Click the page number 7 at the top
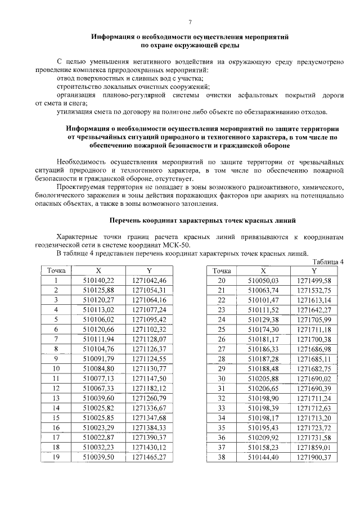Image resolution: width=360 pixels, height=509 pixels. [x=190, y=22]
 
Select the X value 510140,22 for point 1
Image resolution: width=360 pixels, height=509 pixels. [x=98, y=280]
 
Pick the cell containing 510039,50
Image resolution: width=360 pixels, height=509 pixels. [x=98, y=457]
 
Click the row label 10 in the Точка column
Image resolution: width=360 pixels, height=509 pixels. [x=56, y=368]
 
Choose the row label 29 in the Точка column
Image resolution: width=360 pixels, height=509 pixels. [x=221, y=368]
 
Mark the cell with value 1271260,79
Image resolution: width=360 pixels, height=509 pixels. [x=150, y=398]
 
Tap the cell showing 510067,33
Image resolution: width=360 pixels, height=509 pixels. [x=98, y=388]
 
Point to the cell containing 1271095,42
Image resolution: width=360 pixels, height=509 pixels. [x=150, y=319]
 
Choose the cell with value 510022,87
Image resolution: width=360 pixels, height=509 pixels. [x=98, y=437]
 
